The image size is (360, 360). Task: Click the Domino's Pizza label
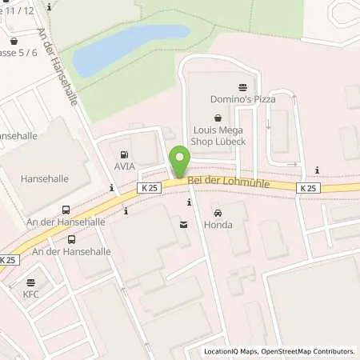242,99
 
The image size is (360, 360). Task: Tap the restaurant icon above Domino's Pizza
242,86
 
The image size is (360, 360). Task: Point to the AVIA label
124,166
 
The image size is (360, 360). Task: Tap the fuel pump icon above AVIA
124,154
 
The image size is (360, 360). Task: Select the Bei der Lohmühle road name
229,184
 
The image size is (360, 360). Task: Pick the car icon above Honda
218,212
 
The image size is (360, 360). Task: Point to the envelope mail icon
185,226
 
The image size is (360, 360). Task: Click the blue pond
128,50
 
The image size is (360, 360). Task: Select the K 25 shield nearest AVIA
148,187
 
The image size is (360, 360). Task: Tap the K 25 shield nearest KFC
7,260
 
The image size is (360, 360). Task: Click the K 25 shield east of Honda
308,187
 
